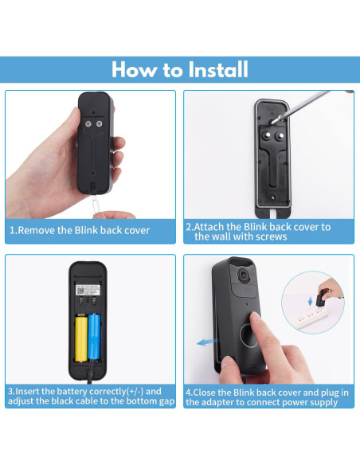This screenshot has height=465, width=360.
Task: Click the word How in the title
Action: pos(131,70)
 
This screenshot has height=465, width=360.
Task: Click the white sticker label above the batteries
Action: pos(88,291)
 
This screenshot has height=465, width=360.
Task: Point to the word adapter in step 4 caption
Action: pos(211,402)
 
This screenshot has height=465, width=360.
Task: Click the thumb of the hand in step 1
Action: pos(119,147)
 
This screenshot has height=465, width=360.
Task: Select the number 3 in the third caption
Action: pos(11,391)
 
